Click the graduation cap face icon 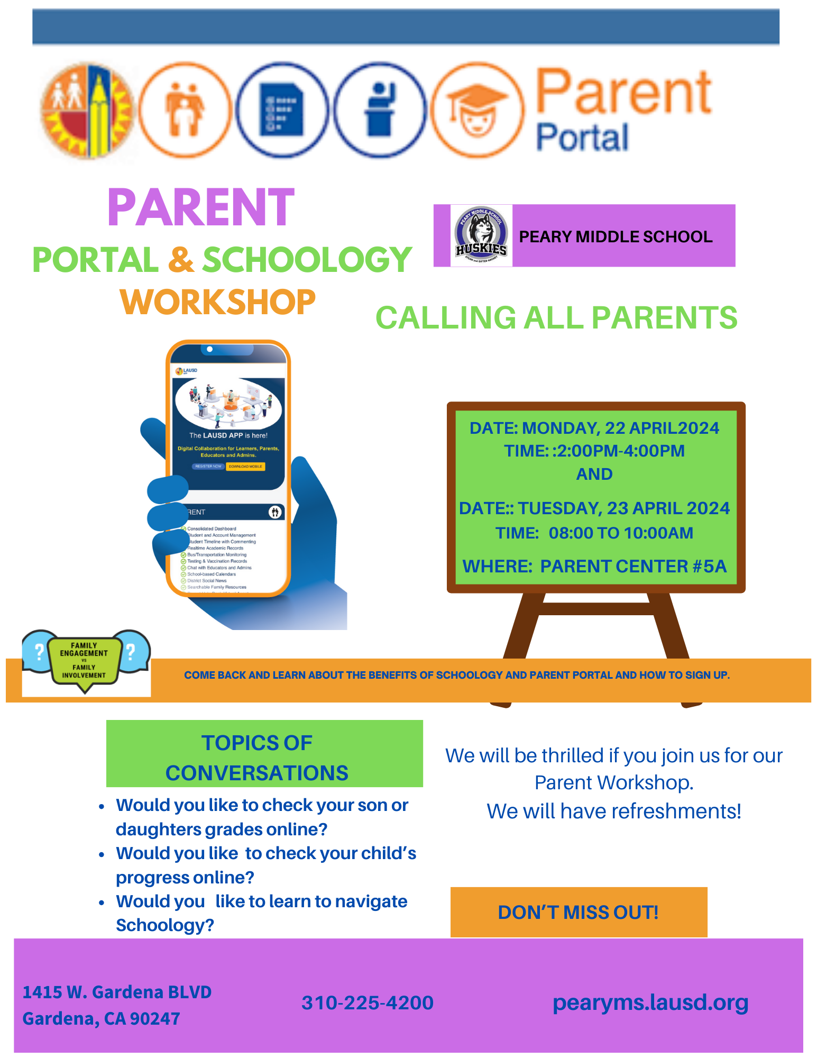[x=478, y=110]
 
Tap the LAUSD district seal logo [x=87, y=110]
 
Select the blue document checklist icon [x=282, y=110]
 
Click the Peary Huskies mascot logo [x=481, y=235]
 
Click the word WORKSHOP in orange [x=217, y=302]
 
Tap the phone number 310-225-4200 [x=367, y=1002]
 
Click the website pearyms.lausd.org [x=650, y=1002]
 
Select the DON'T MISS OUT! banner [x=578, y=912]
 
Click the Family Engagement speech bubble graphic [x=85, y=661]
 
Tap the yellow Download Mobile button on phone [x=245, y=467]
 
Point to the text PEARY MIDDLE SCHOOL [x=616, y=236]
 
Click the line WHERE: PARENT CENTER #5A [x=594, y=567]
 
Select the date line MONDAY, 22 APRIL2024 [x=594, y=428]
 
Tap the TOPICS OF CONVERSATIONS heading [x=257, y=758]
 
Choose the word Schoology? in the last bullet [x=165, y=925]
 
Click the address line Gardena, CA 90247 [x=102, y=1018]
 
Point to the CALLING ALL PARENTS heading [x=556, y=318]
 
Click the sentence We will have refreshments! [x=613, y=811]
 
